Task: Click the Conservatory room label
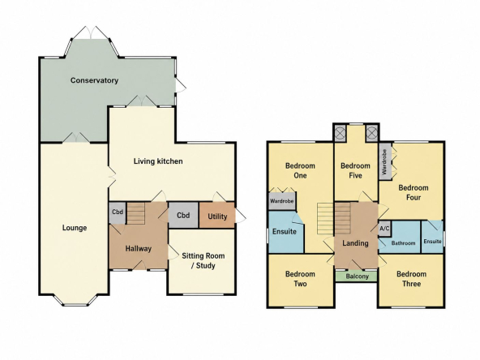point(94,80)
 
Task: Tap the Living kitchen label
point(158,161)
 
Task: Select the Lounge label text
point(75,228)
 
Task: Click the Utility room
point(217,215)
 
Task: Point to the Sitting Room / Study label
point(204,260)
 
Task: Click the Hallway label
point(139,248)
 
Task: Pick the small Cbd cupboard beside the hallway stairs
point(118,212)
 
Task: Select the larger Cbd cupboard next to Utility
point(183,215)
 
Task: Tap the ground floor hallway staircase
point(136,213)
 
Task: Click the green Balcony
point(356,276)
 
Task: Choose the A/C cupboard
point(384,229)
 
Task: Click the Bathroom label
point(403,243)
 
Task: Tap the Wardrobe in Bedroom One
point(282,201)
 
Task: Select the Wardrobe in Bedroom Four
point(385,162)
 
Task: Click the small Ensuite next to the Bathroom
point(432,236)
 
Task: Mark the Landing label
point(355,243)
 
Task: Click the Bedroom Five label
point(355,170)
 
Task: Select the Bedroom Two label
point(300,279)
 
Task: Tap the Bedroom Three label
point(411,279)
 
